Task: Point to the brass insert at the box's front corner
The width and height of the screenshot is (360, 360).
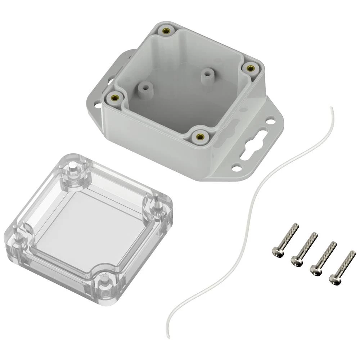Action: (199, 136)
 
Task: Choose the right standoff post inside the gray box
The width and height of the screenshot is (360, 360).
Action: (207, 75)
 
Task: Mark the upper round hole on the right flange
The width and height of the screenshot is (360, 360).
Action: (271, 121)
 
